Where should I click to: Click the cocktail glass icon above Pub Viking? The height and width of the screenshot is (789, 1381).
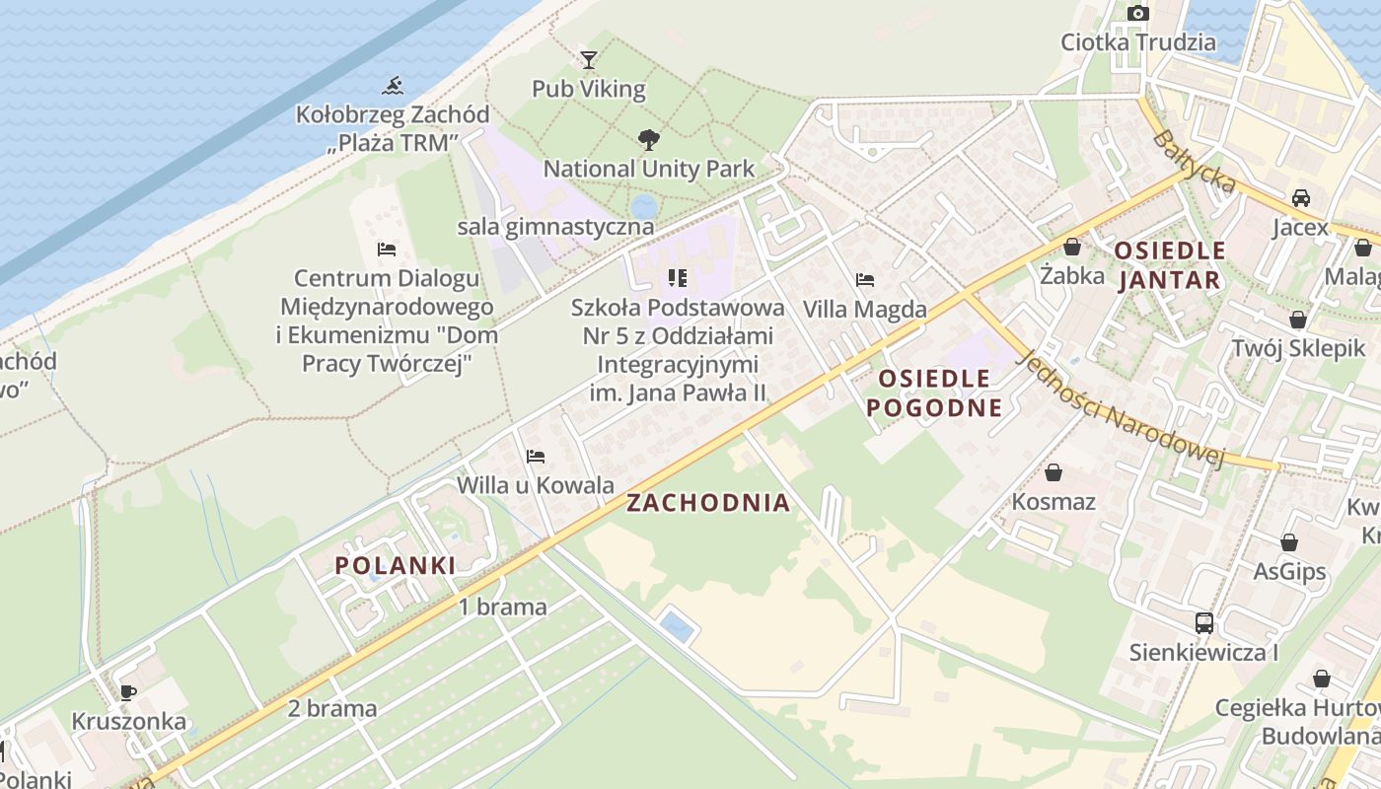tap(589, 60)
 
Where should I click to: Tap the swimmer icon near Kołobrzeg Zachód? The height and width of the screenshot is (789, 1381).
tap(393, 86)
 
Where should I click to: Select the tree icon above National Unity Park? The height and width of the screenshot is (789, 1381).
tap(648, 139)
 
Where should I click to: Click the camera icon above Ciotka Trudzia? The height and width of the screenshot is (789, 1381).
tap(1138, 13)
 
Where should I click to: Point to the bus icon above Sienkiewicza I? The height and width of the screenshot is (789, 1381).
tap(1203, 622)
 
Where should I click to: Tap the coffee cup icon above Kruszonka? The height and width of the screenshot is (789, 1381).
tap(127, 691)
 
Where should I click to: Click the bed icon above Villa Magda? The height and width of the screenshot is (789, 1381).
tap(865, 280)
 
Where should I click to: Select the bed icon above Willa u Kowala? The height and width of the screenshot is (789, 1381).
tap(536, 456)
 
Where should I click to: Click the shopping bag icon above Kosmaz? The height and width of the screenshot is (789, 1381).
tap(1054, 471)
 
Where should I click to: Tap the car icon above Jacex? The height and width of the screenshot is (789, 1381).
tap(1301, 197)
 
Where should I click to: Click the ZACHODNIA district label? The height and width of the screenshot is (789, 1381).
tap(708, 503)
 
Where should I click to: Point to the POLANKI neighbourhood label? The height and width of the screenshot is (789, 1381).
tap(395, 565)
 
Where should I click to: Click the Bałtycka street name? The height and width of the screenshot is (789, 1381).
tap(1194, 161)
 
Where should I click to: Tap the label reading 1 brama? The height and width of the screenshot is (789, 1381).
tap(502, 607)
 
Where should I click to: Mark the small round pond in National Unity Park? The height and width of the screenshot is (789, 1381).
tap(644, 207)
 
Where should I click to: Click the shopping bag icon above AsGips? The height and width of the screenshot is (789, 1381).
tap(1288, 542)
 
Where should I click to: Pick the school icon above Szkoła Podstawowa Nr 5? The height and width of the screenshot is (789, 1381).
tap(677, 278)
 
